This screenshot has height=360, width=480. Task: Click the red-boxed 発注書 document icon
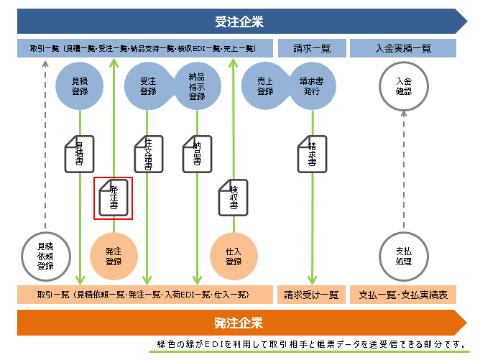tap(114, 197)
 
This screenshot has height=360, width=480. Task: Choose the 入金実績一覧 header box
tap(403, 49)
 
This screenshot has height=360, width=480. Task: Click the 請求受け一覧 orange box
tap(312, 294)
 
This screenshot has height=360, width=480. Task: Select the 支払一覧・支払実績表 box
tap(403, 294)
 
